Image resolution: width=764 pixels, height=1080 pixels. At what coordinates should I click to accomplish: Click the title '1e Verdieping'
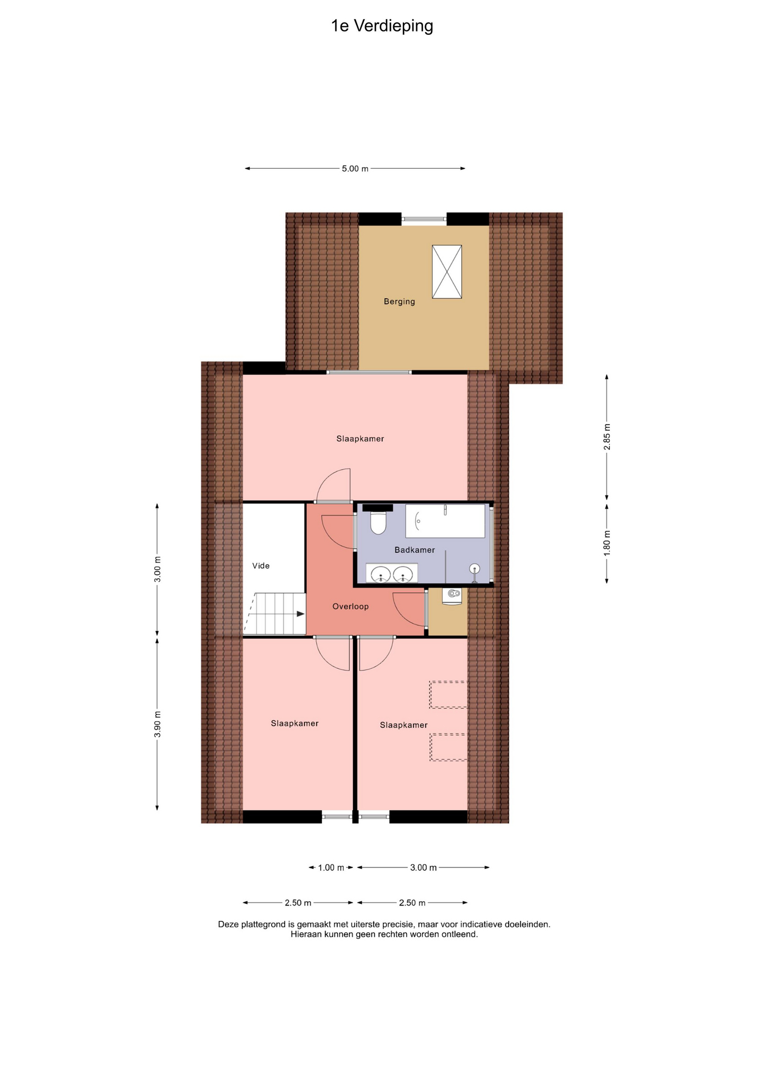(382, 26)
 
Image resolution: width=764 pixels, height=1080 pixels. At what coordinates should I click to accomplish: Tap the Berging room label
(399, 301)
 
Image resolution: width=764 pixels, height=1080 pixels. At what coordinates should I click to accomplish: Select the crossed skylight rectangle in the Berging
(447, 272)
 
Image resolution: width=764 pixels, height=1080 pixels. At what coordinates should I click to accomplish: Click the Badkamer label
(415, 550)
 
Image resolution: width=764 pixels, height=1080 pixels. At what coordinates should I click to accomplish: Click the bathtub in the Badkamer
(445, 521)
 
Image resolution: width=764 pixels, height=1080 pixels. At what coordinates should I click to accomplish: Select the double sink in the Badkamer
(392, 573)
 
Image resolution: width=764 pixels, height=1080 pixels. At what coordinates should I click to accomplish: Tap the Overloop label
(350, 606)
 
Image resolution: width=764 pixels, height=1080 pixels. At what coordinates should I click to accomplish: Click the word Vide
(261, 566)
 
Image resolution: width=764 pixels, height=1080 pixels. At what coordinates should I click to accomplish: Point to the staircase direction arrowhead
(301, 614)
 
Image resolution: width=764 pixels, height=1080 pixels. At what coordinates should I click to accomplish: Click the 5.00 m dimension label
(355, 169)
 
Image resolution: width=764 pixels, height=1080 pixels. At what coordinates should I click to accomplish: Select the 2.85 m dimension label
(607, 436)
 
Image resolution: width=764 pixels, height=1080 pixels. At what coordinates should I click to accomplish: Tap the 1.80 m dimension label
(607, 543)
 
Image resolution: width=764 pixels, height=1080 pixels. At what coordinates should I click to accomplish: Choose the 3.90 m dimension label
(158, 724)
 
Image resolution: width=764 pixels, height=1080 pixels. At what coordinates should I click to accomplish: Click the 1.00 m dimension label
(331, 868)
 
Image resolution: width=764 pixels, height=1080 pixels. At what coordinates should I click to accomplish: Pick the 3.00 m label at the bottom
(423, 868)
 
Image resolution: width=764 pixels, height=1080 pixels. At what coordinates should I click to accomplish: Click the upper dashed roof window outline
(448, 695)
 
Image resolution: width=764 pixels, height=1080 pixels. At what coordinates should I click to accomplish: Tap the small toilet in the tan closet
(452, 596)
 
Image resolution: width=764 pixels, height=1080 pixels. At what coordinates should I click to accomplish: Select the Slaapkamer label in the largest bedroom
(360, 439)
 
